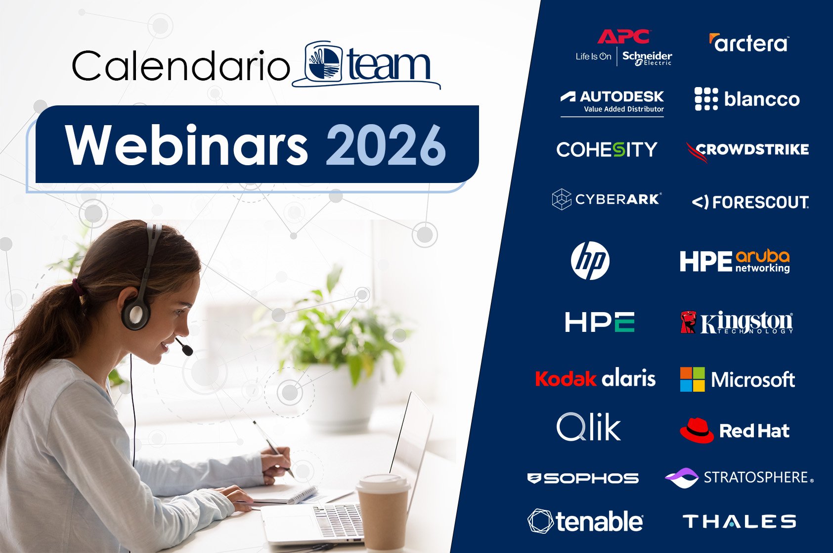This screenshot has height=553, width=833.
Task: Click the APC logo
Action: pyautogui.click(x=623, y=37)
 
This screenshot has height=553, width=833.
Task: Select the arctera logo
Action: pyautogui.click(x=748, y=44)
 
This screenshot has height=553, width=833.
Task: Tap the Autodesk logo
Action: pyautogui.click(x=613, y=102)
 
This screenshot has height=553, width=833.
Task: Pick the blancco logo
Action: pyautogui.click(x=747, y=99)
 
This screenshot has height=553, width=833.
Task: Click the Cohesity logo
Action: pyautogui.click(x=607, y=149)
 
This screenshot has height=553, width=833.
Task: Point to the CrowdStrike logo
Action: pyautogui.click(x=747, y=150)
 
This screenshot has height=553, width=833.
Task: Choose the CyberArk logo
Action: pyautogui.click(x=607, y=199)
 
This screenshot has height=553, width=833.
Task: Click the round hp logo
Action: pyautogui.click(x=590, y=261)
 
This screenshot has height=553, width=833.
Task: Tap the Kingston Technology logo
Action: pyautogui.click(x=737, y=323)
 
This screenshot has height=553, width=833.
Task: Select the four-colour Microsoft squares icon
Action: pyautogui.click(x=692, y=379)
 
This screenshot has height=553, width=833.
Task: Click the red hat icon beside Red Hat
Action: pyautogui.click(x=697, y=430)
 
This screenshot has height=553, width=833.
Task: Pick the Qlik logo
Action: pyautogui.click(x=588, y=427)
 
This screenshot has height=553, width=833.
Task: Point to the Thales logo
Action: pyautogui.click(x=739, y=521)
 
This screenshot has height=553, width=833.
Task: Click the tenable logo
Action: pyautogui.click(x=585, y=521)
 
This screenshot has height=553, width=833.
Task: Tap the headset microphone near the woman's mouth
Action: pyautogui.click(x=187, y=350)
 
